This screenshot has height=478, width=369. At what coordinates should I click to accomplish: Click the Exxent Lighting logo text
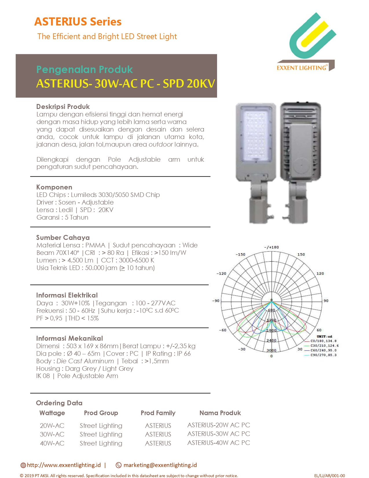tap(301, 68)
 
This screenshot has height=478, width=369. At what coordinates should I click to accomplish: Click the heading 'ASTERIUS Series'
tap(78, 22)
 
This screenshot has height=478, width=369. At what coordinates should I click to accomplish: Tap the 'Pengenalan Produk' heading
tap(85, 70)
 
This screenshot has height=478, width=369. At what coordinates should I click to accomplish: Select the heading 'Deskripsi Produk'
tap(63, 107)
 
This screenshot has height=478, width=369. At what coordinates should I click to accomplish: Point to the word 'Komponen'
tap(54, 187)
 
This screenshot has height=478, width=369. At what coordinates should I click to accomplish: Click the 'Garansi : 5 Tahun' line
tap(62, 217)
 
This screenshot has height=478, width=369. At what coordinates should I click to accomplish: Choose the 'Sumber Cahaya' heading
tap(63, 238)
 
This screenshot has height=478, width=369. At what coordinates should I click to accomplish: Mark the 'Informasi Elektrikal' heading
tap(67, 295)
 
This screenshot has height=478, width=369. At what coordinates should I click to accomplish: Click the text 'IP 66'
tap(184, 353)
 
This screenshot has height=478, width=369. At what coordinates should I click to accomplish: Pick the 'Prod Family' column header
tap(158, 413)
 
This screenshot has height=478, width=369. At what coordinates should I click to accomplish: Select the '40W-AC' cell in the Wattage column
tap(52, 443)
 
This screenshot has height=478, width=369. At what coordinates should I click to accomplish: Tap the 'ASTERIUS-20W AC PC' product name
tap(219, 425)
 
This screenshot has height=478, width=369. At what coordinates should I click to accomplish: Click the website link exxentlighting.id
tap(64, 465)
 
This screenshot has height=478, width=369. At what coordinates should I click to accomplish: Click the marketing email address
tap(160, 465)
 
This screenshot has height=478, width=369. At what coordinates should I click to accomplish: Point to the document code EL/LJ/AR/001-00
tap(329, 475)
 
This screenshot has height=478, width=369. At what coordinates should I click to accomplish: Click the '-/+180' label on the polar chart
tap(271, 247)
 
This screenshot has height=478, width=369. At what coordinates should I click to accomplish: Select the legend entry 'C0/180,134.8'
tap(323, 341)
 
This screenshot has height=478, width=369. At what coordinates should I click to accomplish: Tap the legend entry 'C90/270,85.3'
tap(323, 355)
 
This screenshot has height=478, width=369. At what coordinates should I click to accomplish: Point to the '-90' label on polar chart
tap(216, 301)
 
